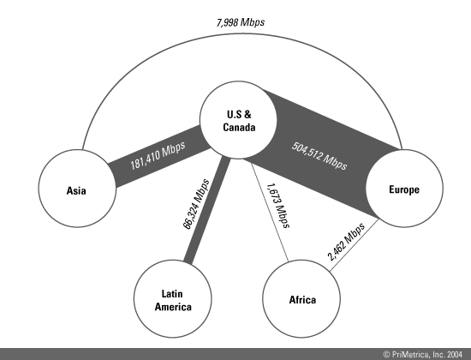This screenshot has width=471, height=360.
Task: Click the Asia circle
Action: (77, 189)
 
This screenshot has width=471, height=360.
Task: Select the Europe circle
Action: (404, 189)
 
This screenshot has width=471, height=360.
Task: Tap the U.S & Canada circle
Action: (238, 120)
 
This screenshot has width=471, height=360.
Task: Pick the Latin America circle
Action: (173, 298)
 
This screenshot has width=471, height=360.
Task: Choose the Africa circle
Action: (301, 298)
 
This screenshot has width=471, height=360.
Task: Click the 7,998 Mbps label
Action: (241, 22)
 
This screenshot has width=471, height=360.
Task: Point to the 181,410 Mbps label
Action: (158, 155)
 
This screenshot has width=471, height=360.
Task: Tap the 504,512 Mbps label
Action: (319, 156)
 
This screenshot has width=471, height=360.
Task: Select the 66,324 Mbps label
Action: (196, 204)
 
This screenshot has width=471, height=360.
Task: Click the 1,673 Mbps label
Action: (278, 206)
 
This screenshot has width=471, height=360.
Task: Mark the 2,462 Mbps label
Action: (346, 242)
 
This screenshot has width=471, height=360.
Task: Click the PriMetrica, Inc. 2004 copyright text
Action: (423, 355)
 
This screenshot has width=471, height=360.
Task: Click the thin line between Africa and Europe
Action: (355, 245)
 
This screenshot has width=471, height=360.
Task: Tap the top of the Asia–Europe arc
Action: (241, 34)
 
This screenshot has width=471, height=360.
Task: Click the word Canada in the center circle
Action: (239, 127)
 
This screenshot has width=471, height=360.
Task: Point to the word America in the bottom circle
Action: (173, 307)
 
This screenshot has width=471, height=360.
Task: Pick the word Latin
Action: (172, 293)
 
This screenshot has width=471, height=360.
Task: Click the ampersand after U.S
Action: (247, 114)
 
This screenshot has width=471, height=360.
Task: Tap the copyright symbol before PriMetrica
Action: (386, 355)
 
